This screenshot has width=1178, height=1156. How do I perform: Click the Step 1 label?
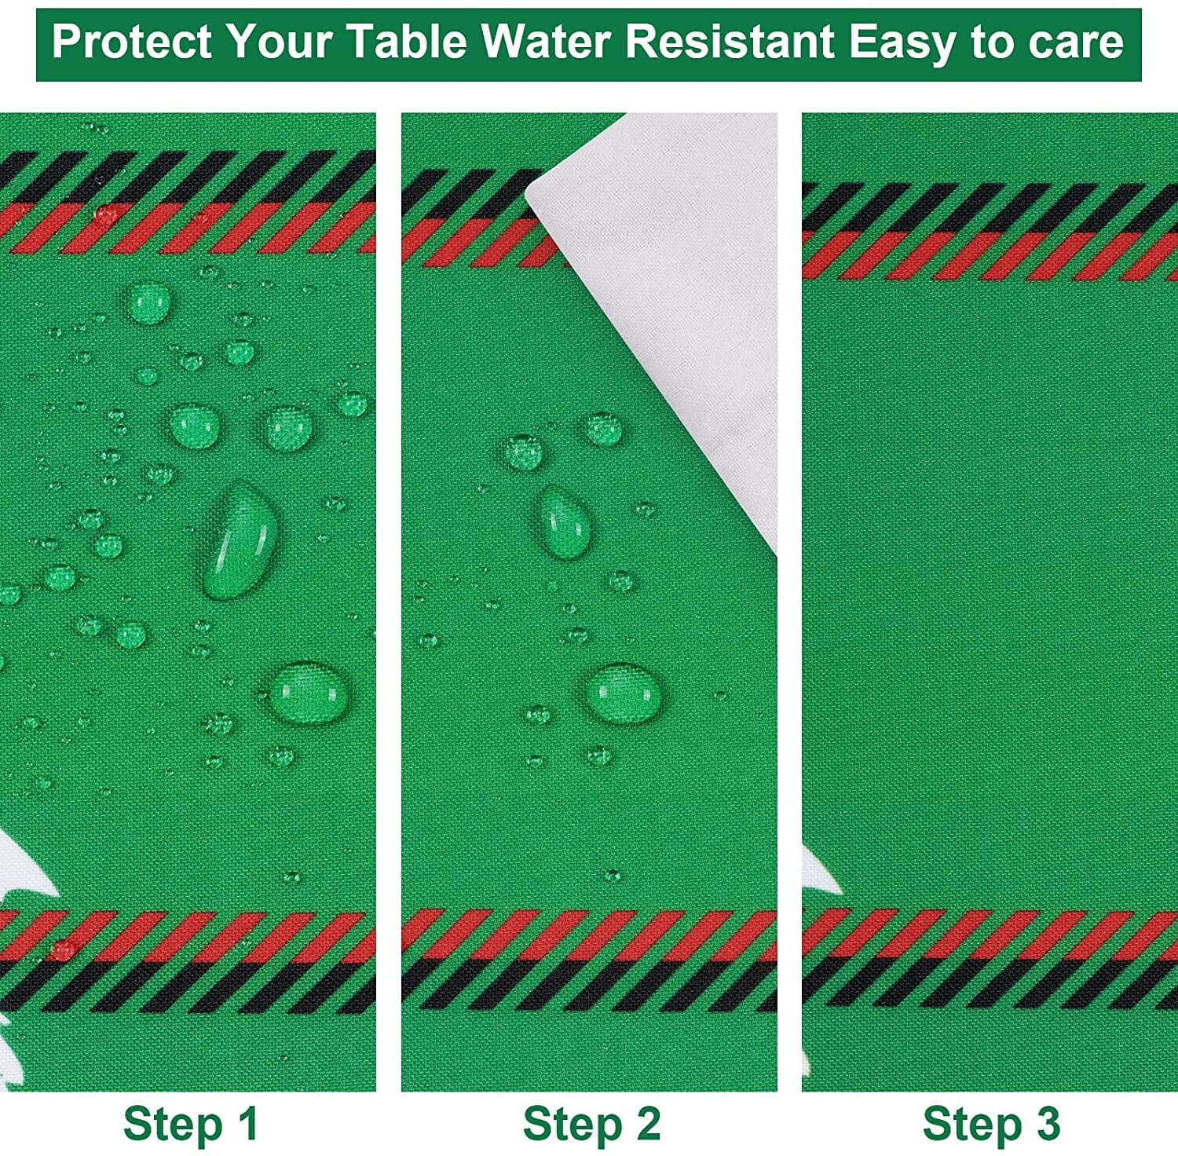point(191,1123)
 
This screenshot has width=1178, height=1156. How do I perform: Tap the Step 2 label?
point(592,1123)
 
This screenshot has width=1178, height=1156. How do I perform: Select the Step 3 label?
point(992,1123)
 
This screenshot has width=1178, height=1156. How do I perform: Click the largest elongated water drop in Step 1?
point(240,540)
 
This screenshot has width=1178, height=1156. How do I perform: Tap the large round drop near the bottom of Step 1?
point(308,692)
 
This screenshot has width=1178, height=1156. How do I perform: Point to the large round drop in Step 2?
point(624,693)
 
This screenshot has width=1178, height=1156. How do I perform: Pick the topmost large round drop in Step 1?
point(148,303)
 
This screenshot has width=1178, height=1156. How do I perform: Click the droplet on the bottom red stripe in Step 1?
point(61,949)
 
